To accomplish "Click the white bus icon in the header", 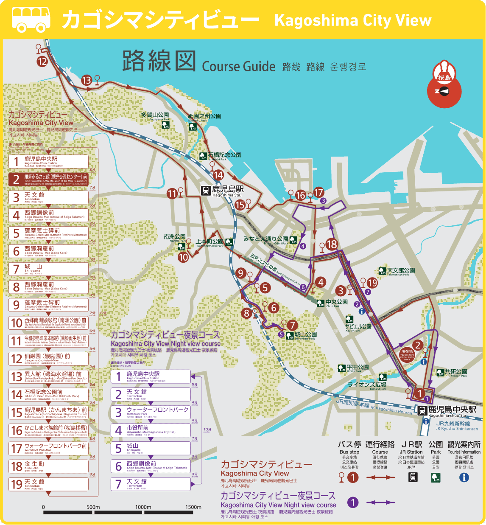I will [31, 19].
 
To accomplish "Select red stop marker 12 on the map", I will [42, 62].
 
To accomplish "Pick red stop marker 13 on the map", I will [87, 80].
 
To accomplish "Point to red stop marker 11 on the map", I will [172, 194].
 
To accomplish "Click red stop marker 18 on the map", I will [332, 244].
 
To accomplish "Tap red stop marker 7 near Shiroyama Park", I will [292, 325].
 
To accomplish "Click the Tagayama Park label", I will [155, 116].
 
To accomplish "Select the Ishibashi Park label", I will [224, 156].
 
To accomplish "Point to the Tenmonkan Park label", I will [401, 271].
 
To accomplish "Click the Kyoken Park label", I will [455, 372].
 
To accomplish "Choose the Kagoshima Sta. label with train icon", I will [223, 191].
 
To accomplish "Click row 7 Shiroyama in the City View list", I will [48, 269].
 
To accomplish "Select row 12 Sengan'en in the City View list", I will [48, 358].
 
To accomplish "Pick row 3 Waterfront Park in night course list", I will [151, 412].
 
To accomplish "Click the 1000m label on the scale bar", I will [143, 507].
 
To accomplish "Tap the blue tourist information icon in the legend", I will [464, 477].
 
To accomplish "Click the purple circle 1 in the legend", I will [353, 503].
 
